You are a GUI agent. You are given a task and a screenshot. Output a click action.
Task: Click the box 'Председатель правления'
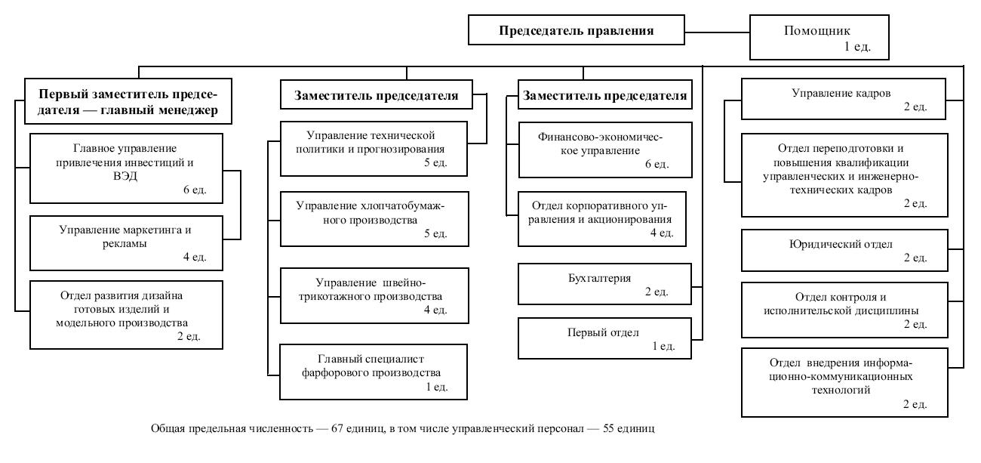click(577, 29)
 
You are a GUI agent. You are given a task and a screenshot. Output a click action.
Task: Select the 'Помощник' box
click(819, 37)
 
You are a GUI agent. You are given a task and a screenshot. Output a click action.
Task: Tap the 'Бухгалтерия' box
click(604, 284)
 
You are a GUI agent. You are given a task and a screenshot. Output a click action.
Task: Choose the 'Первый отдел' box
click(604, 338)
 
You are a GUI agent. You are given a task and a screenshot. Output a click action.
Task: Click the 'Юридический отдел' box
click(844, 250)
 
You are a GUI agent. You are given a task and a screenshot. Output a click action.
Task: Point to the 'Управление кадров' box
click(844, 99)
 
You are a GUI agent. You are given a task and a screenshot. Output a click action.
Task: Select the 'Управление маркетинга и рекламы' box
click(126, 243)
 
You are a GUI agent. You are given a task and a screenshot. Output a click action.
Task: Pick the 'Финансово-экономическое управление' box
click(605, 150)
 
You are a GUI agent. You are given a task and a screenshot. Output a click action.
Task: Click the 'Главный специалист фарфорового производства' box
click(374, 372)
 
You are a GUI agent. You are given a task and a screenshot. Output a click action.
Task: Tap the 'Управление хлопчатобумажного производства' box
click(374, 219)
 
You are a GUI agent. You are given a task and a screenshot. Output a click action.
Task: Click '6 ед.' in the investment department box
click(195, 190)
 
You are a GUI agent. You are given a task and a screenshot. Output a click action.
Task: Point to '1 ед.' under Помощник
click(857, 47)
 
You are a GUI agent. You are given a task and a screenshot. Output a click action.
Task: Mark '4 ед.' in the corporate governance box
click(661, 233)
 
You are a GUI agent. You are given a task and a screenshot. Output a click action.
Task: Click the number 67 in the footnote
click(337, 428)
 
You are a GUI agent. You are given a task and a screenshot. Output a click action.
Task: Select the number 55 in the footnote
click(609, 428)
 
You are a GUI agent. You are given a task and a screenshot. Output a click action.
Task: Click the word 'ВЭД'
click(125, 176)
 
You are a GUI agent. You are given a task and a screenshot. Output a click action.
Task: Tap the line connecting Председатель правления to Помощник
click(718, 32)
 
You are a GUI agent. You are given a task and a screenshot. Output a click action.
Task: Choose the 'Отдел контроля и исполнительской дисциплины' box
click(844, 310)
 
